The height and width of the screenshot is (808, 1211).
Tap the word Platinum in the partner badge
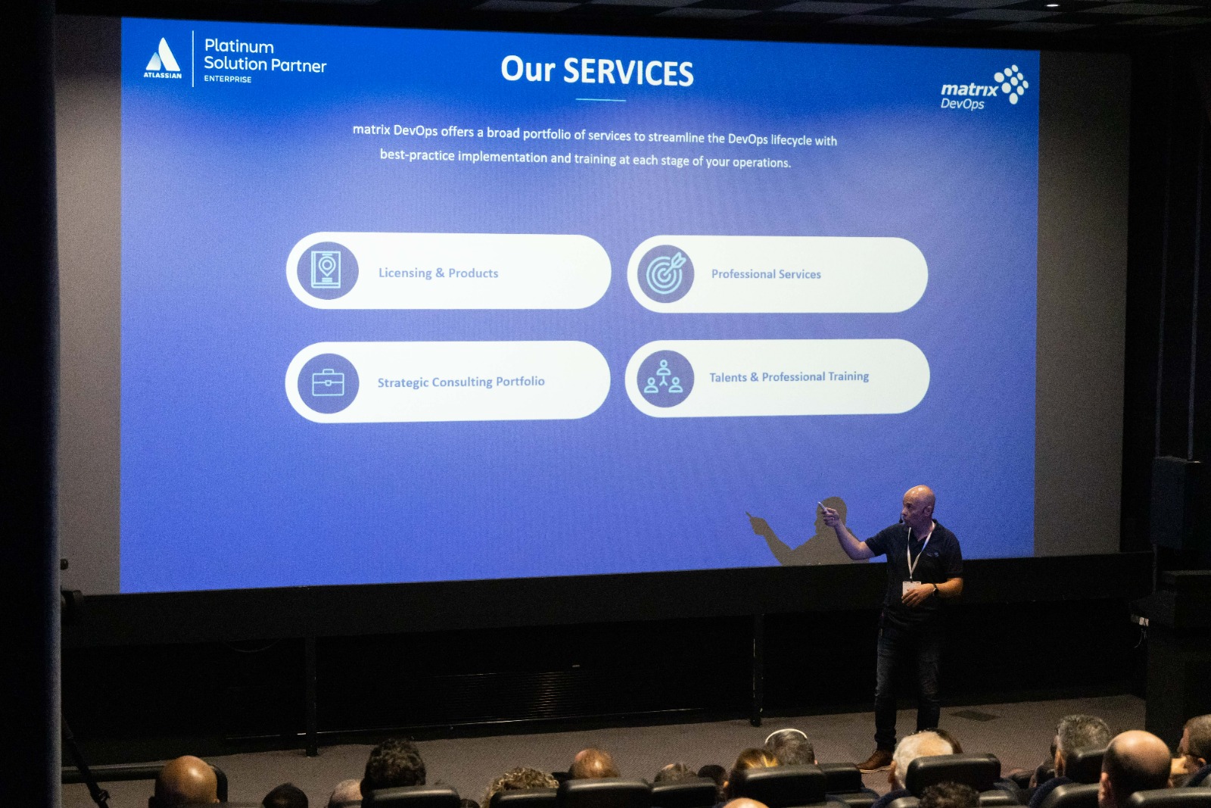[x=239, y=46]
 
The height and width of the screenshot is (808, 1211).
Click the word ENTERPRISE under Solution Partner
[x=228, y=79]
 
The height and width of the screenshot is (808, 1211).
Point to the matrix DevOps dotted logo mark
[x=1011, y=84]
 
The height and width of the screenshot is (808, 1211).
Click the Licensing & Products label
[x=438, y=273]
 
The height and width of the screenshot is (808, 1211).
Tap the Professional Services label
[x=766, y=274]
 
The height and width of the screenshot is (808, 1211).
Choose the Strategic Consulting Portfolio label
[x=461, y=382]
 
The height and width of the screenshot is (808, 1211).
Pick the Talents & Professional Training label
[x=789, y=376]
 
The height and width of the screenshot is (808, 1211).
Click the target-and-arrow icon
[x=665, y=273]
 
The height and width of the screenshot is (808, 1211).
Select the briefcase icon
[x=328, y=383]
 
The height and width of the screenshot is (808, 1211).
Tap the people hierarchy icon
[x=665, y=378]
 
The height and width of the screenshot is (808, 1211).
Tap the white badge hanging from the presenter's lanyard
[x=911, y=587]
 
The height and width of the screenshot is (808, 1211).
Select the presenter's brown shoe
[x=874, y=760]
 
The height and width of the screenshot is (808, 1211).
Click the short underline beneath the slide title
[x=601, y=99]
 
